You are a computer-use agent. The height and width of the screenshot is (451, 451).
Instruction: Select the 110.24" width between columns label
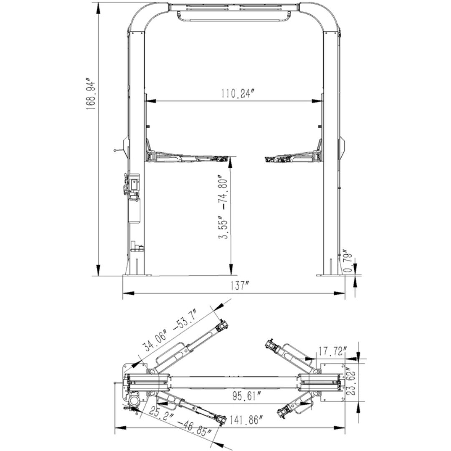(x=238, y=93)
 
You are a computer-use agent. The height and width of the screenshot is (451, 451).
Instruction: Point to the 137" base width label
(x=239, y=286)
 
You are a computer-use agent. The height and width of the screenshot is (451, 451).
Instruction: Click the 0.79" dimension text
(x=347, y=261)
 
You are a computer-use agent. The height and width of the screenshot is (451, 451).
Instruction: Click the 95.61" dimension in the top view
(x=247, y=396)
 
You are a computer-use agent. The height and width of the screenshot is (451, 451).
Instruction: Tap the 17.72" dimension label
(x=331, y=351)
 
